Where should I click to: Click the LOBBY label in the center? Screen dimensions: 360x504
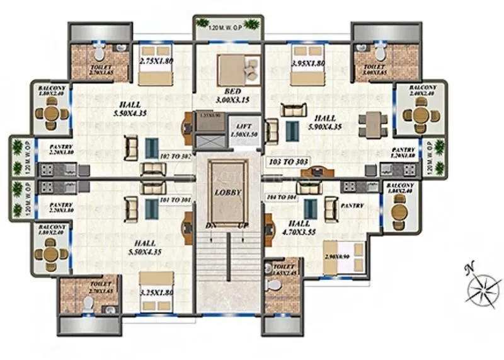(x=227, y=192)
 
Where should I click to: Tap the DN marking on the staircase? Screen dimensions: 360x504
(x=211, y=225)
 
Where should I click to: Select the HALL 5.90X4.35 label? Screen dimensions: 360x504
(x=325, y=122)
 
